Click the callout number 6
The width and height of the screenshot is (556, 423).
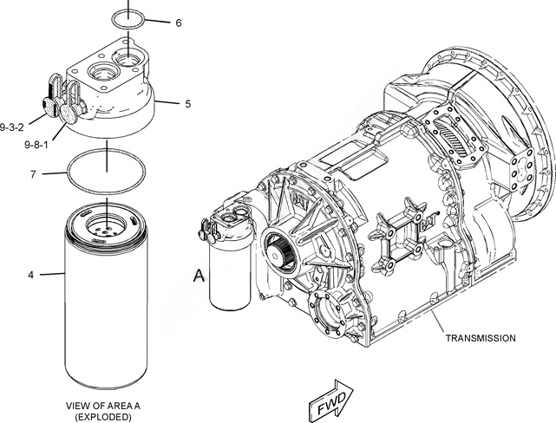click(x=178, y=23)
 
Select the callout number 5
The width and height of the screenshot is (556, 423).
click(x=187, y=103)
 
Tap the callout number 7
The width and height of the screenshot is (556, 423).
click(x=32, y=174)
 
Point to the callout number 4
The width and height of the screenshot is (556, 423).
click(x=30, y=275)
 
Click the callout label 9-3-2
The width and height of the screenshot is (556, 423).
click(x=13, y=127)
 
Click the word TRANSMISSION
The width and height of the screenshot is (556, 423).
click(x=481, y=337)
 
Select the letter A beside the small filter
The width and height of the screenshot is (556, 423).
click(x=199, y=277)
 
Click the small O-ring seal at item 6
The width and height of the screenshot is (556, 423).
click(x=131, y=20)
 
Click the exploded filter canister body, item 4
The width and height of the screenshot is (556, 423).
click(x=106, y=303)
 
